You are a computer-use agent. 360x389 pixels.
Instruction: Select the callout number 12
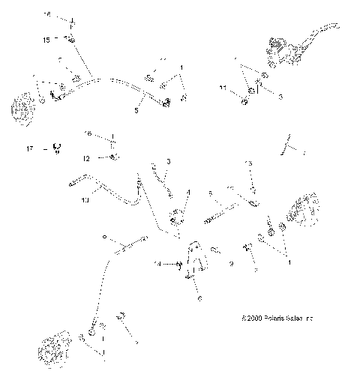click(87, 158)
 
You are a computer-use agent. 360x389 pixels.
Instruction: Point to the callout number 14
click(157, 264)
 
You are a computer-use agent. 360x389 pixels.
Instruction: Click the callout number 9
click(232, 264)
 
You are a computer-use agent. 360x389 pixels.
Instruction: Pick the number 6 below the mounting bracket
click(199, 298)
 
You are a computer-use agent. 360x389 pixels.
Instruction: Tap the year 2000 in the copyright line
click(250, 319)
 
